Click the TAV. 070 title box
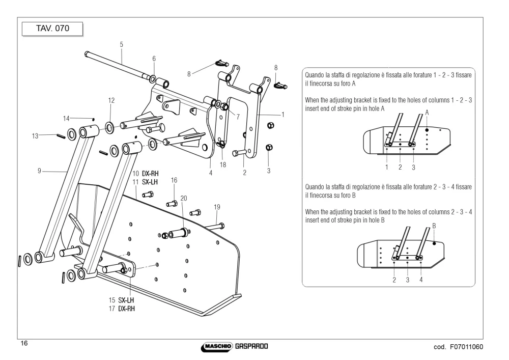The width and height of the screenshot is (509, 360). click(52, 29)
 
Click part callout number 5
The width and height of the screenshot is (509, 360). click(122, 44)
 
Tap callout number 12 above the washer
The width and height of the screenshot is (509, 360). click(111, 100)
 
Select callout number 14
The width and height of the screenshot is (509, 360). click(66, 119)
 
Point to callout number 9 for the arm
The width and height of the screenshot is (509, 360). click(39, 171)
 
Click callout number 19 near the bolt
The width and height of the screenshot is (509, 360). click(217, 207)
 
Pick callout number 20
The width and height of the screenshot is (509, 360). click(184, 199)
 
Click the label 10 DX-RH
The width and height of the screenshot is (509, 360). click(146, 174)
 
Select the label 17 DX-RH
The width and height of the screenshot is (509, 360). click(122, 309)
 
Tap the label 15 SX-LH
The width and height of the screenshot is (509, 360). click(122, 300)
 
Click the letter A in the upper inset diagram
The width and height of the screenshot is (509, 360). click(427, 113)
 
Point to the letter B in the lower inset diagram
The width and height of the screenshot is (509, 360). click(434, 226)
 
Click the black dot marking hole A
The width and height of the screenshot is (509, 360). click(427, 130)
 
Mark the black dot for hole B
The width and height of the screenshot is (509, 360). click(434, 243)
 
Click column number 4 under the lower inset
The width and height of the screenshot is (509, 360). click(421, 280)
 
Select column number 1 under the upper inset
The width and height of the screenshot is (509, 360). click(387, 167)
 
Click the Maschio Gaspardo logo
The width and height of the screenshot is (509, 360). click(234, 346)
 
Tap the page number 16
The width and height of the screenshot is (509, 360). click(24, 343)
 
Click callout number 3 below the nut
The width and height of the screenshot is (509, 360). click(268, 171)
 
